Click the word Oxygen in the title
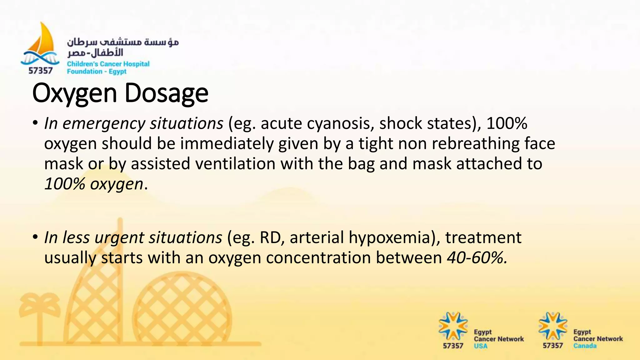[x=74, y=93]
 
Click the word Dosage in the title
[x=166, y=93]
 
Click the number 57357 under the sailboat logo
[x=40, y=71]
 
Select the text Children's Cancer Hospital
[x=108, y=64]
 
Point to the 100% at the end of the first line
[x=507, y=123]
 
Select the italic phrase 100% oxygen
[x=94, y=184]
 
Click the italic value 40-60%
[x=476, y=258]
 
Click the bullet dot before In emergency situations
[x=35, y=123]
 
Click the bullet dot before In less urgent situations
[x=35, y=237]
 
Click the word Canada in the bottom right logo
[x=585, y=346]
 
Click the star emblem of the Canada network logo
[x=552, y=326]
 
